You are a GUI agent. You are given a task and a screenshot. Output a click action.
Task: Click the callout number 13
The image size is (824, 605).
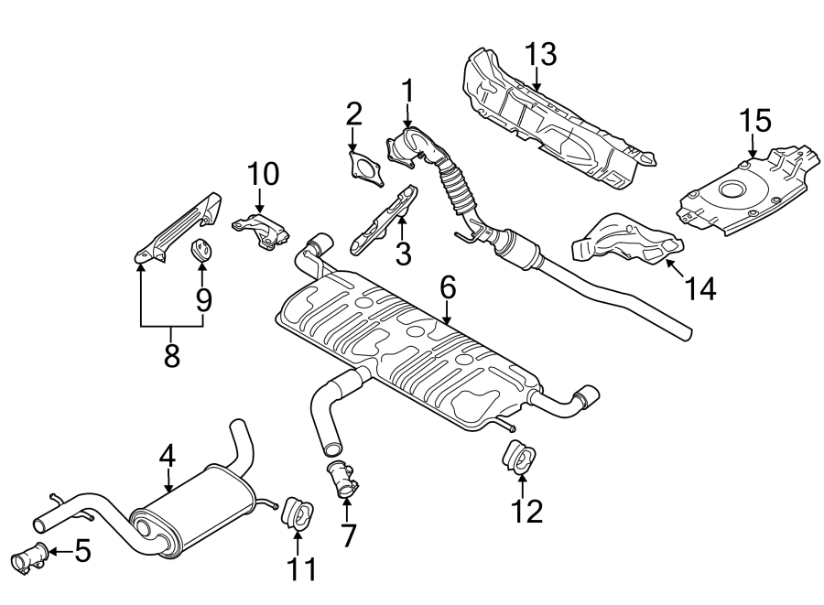point(540,55)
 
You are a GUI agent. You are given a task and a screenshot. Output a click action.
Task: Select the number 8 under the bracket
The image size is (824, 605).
point(171,355)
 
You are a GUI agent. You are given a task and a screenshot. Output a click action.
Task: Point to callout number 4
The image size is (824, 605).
point(168,454)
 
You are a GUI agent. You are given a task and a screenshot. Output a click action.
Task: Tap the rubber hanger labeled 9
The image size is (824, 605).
point(202,250)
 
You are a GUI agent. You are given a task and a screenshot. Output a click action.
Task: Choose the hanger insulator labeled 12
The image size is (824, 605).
point(519,459)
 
